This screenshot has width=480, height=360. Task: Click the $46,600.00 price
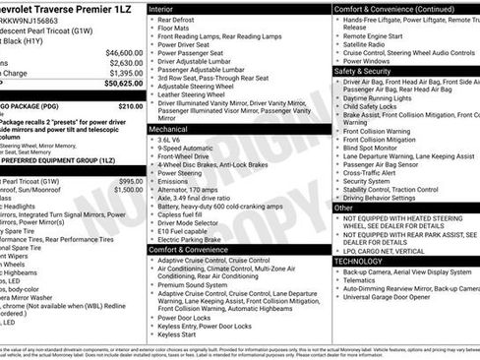[124, 52]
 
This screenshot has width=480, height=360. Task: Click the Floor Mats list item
[178, 30]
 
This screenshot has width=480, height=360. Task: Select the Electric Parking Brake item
[197, 239]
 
